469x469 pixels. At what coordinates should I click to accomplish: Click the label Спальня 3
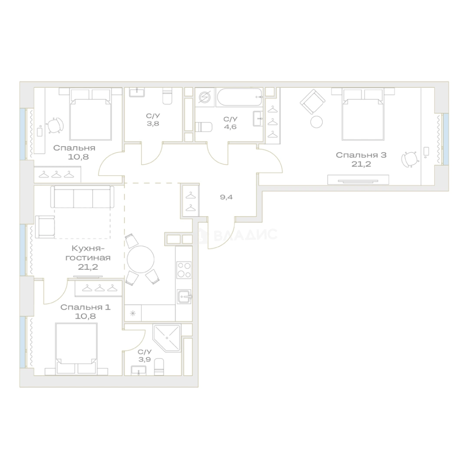pyautogui.click(x=361, y=155)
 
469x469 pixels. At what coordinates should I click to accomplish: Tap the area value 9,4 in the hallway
pyautogui.click(x=226, y=197)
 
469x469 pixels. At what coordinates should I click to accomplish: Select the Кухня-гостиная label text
pyautogui.click(x=88, y=253)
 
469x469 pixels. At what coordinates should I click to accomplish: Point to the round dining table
pyautogui.click(x=141, y=259)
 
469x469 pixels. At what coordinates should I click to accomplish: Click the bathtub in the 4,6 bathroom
pyautogui.click(x=240, y=97)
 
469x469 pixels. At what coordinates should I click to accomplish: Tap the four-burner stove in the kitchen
pyautogui.click(x=184, y=270)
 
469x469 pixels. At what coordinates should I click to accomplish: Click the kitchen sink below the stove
pyautogui.click(x=184, y=297)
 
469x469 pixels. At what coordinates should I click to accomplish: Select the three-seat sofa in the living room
pyautogui.click(x=82, y=197)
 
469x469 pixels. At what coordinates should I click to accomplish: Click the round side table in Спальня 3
pyautogui.click(x=317, y=122)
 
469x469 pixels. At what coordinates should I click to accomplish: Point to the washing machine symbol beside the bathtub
pyautogui.click(x=205, y=97)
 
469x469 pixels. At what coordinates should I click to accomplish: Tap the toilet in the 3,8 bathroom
pyautogui.click(x=168, y=96)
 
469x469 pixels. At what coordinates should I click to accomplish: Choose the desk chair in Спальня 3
pyautogui.click(x=410, y=159)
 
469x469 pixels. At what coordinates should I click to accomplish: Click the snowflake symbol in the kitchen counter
pyautogui.click(x=133, y=313)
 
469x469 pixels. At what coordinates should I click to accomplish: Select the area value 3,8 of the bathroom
pyautogui.click(x=153, y=123)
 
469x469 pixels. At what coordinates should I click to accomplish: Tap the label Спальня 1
pyautogui.click(x=85, y=307)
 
